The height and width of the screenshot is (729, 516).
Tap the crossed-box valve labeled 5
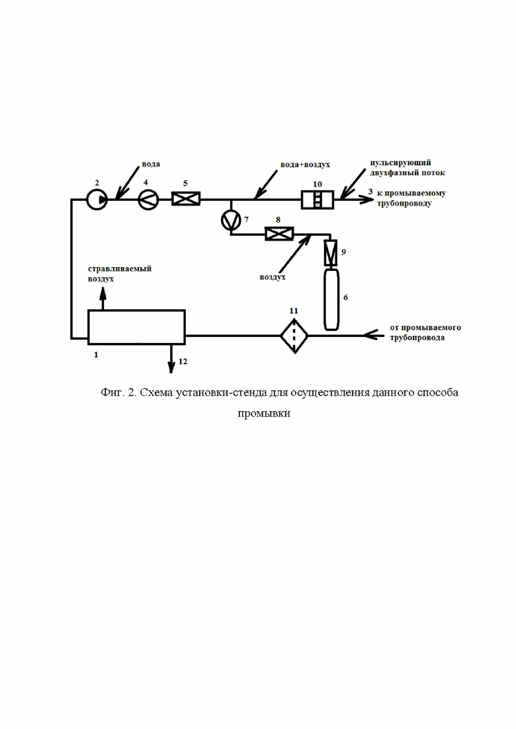(186, 199)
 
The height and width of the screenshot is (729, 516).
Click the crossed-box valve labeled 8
(279, 233)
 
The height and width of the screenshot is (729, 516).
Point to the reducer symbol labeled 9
(331, 252)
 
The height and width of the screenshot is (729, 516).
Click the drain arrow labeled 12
(171, 359)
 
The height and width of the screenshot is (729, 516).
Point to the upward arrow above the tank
(103, 299)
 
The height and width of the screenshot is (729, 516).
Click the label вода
(151, 164)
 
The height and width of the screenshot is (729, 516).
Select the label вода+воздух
(305, 165)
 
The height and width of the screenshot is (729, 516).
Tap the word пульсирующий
(400, 163)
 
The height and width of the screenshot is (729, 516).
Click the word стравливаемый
(120, 269)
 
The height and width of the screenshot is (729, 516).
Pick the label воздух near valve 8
(273, 277)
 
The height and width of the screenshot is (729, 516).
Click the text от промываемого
(425, 327)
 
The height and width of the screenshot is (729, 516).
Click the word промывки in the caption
(264, 414)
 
